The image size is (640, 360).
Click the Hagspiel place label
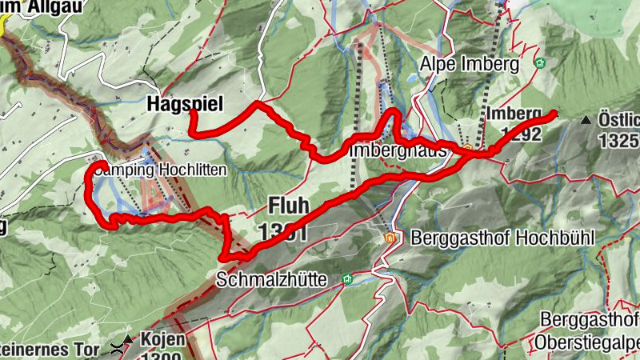click(184, 103)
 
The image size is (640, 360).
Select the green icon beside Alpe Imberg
click(541, 63)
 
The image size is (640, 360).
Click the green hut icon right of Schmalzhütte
click(347, 278)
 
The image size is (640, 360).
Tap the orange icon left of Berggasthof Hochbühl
click(390, 238)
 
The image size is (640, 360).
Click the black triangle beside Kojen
click(127, 339)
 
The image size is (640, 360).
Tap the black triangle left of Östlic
click(586, 120)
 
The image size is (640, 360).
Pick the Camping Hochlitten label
click(160, 170)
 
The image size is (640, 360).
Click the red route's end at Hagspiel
click(192, 113)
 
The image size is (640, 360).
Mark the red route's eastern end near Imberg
click(554, 113)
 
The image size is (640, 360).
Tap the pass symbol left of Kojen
click(118, 348)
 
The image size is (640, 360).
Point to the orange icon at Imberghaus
click(467, 148)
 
